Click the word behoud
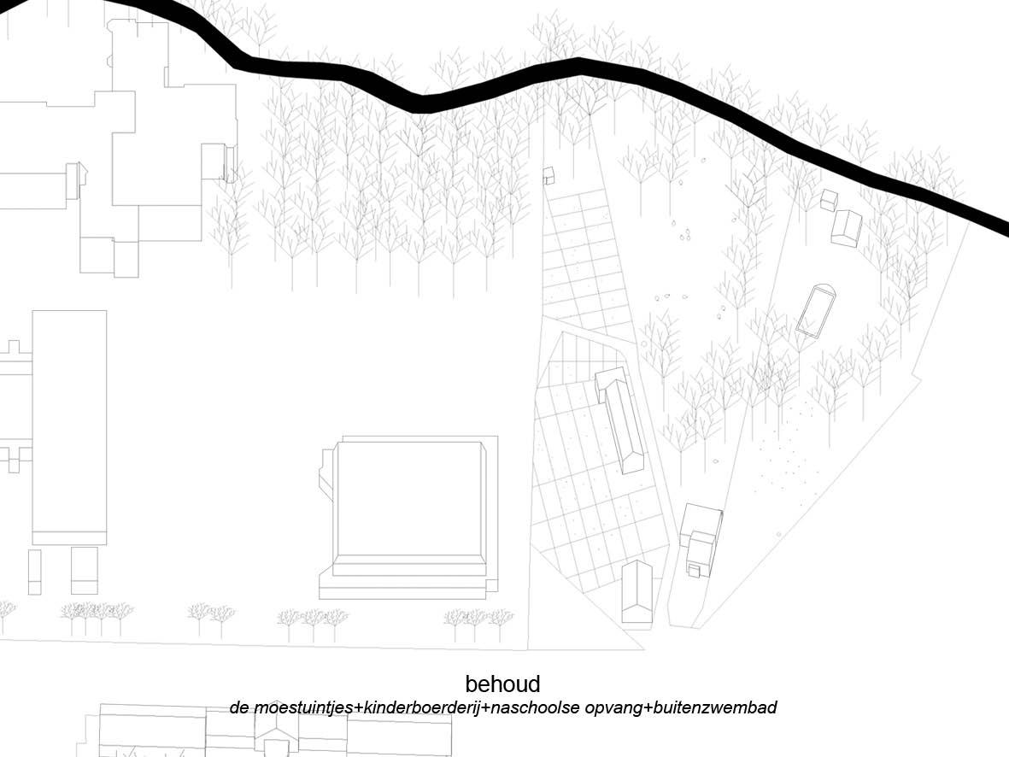coord(502,684)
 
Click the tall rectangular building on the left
coord(69,427)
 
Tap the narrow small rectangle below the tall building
coord(35,571)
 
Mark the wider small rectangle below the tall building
coord(85,571)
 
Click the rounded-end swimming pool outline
coord(815,310)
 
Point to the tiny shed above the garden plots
coord(548,176)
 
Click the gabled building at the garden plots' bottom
coord(637,591)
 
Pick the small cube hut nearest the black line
coord(829,199)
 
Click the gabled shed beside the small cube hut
coord(847,228)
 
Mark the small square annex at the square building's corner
coord(492,585)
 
